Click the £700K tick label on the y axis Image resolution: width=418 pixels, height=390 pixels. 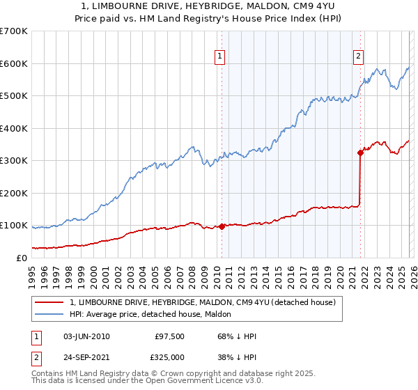click(14, 31)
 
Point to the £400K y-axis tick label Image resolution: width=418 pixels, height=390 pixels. click(14, 128)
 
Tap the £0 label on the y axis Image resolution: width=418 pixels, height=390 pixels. click(21, 258)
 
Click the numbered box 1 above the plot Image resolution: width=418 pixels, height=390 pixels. click(220, 57)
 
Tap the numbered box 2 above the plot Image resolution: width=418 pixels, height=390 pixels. click(358, 57)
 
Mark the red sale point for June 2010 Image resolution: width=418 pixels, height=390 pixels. click(222, 226)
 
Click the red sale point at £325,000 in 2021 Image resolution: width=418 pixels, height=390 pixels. click(360, 153)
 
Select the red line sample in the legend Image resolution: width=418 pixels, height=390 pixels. click(49, 302)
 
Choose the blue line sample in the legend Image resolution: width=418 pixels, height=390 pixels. click(49, 314)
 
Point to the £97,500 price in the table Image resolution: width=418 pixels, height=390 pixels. click(169, 336)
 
